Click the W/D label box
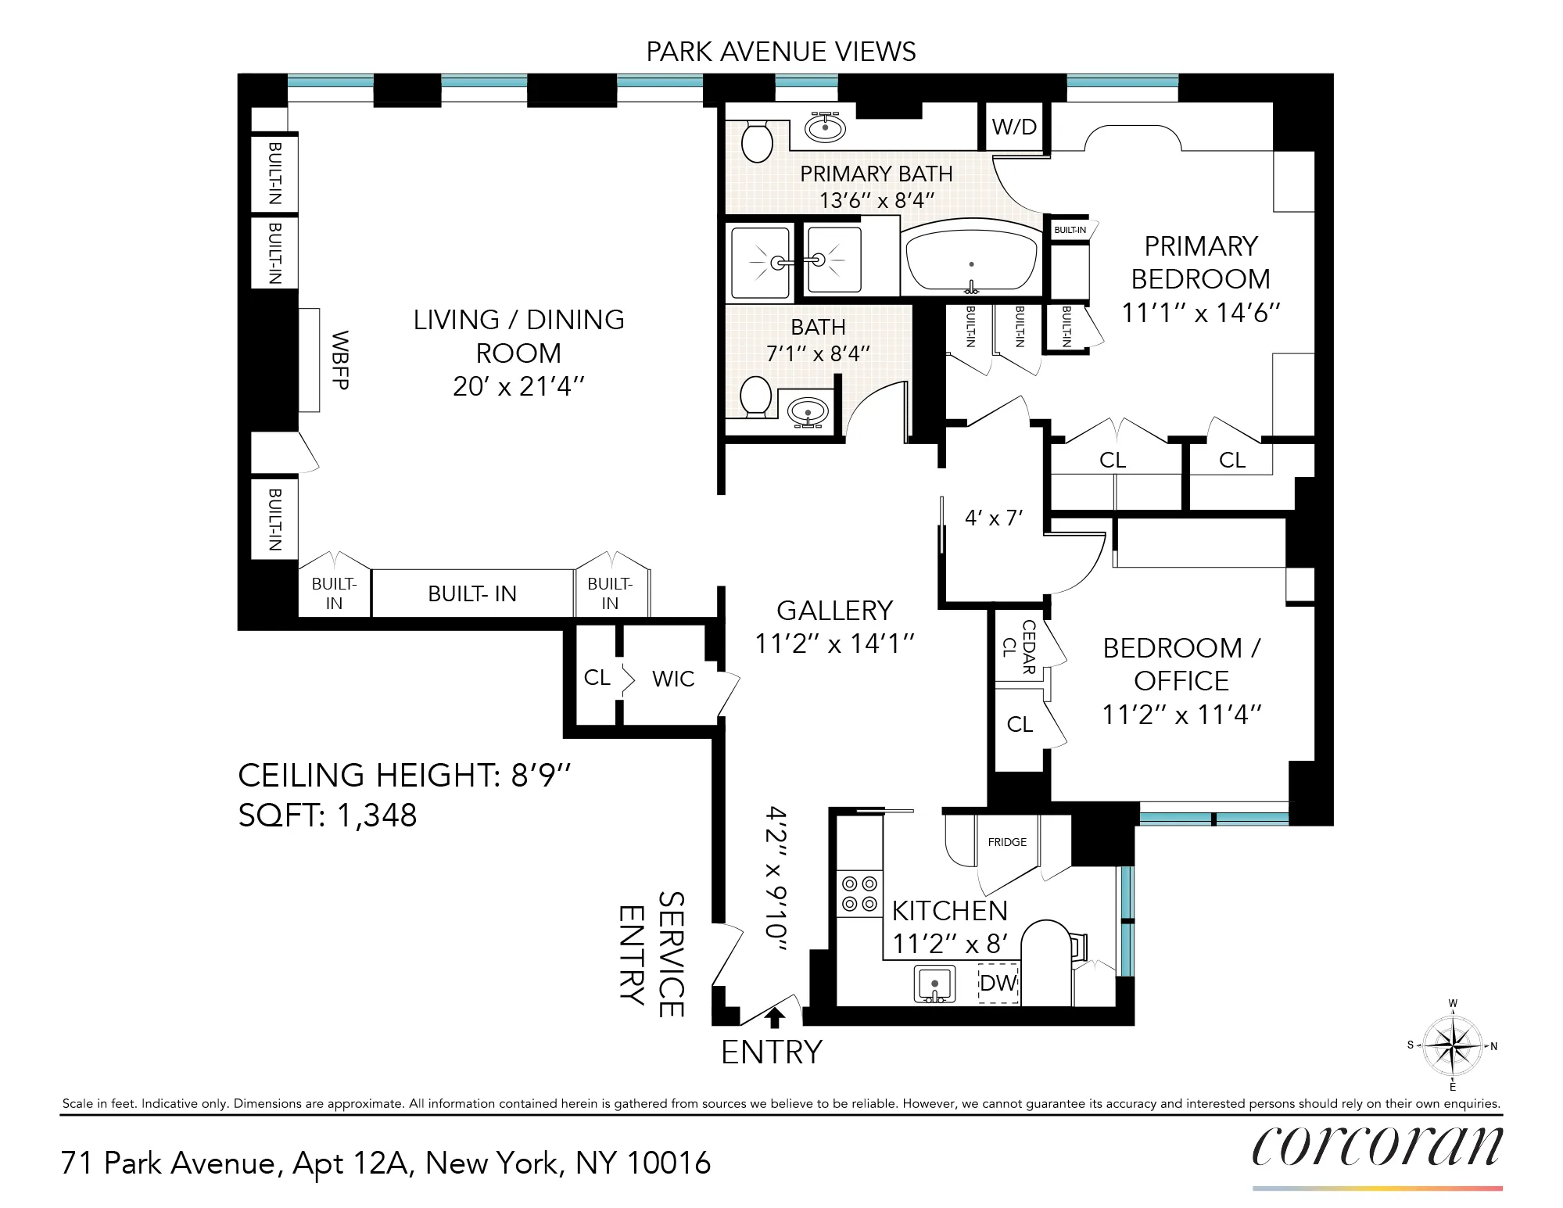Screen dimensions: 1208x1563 [1014, 127]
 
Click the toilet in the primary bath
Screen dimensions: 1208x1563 [756, 142]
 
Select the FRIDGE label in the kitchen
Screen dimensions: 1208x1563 [1007, 842]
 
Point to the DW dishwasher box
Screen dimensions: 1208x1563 [998, 983]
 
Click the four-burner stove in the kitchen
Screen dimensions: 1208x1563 [859, 894]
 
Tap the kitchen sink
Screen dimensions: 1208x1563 [934, 984]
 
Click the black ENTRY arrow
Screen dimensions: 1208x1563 [775, 1017]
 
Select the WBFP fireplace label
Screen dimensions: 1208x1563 [340, 360]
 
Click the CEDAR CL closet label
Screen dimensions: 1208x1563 [1020, 647]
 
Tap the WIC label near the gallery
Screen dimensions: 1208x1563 [673, 679]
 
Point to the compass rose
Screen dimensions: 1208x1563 [1452, 1045]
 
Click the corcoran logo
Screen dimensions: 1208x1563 [1377, 1147]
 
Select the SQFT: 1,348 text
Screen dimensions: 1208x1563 [328, 815]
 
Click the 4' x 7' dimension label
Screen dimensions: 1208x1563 [993, 518]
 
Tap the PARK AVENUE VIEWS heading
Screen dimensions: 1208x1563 [780, 52]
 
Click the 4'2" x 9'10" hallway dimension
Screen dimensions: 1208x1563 [776, 878]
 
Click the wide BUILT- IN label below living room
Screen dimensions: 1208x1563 [472, 593]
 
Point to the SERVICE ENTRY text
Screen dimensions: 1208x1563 [652, 955]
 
